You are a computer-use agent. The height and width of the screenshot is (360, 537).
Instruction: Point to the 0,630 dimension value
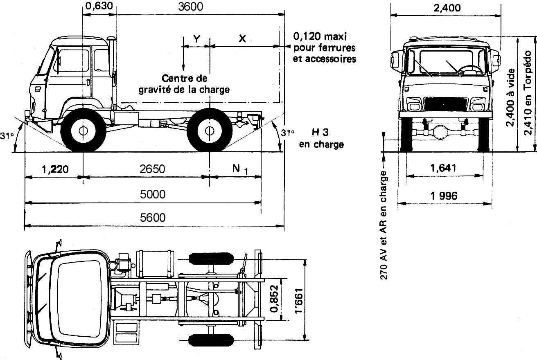[x=99, y=7]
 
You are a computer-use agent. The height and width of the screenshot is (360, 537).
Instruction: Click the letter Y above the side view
[x=196, y=38]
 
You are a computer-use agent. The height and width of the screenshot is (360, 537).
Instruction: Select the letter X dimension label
[x=242, y=38]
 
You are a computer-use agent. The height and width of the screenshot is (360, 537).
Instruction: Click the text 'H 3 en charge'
[x=321, y=138]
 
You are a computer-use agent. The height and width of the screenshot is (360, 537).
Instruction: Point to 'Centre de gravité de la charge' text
[x=184, y=84]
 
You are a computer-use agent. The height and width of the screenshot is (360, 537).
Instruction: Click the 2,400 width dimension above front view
[x=446, y=7]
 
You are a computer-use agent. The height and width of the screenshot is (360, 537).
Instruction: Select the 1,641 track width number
[x=444, y=168]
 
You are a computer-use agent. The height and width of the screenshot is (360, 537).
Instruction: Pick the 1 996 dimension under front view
[x=444, y=196]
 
